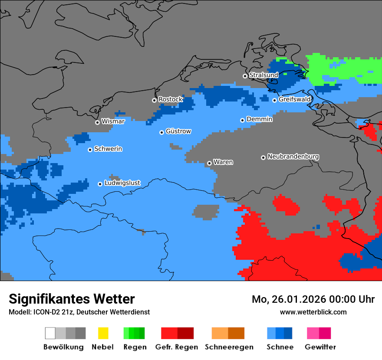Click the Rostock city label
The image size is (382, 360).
point(170,99)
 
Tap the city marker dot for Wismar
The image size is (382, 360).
point(98,122)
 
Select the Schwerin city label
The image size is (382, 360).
point(108,149)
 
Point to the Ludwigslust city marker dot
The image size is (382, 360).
point(100,184)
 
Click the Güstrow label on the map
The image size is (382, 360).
point(178,131)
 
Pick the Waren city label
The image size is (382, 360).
point(223,162)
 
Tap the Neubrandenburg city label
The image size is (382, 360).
point(293,157)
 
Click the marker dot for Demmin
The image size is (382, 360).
point(243,120)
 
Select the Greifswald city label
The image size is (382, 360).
point(295,99)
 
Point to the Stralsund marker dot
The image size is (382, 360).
point(245,76)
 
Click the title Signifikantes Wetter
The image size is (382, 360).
point(72,299)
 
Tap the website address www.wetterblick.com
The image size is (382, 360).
point(313,312)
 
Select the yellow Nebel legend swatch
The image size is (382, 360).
point(103,333)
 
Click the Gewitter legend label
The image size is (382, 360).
point(320,347)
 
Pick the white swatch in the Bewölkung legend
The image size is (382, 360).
point(50,333)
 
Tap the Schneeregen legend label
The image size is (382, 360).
point(229,347)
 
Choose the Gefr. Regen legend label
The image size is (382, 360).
point(177,347)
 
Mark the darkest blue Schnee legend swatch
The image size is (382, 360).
point(288,333)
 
